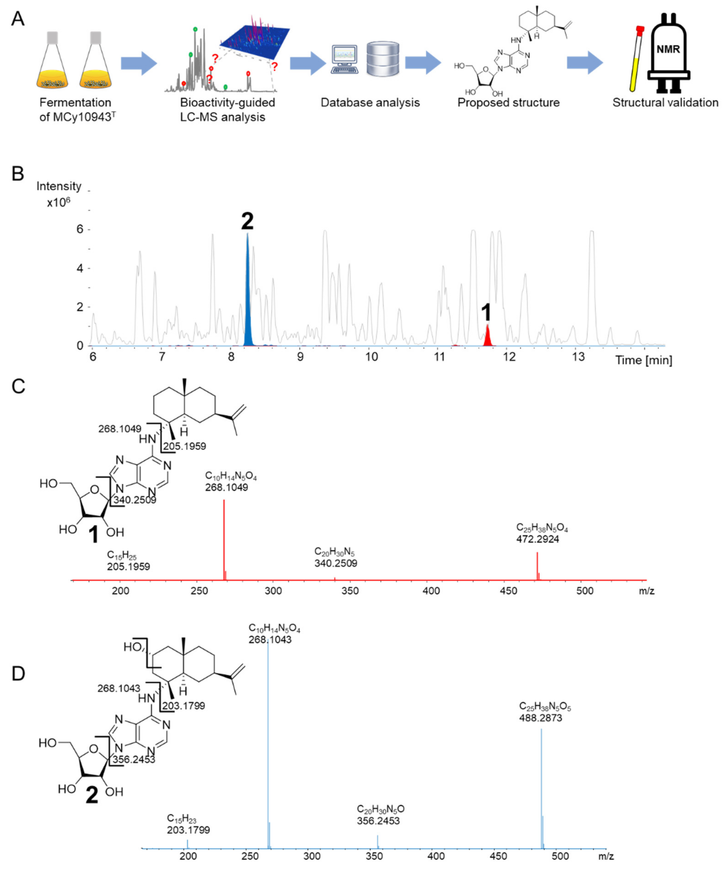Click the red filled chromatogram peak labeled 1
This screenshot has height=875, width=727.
coord(487,337)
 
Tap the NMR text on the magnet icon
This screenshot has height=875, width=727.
coord(668,49)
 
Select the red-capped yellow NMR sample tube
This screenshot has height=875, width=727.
coord(636,58)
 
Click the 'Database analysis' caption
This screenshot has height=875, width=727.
coord(370,103)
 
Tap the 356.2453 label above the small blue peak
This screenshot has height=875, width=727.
coord(378,820)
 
